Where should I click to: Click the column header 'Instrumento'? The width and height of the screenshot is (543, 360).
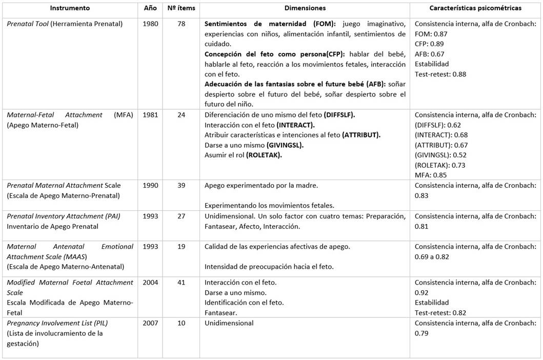[x=70, y=8]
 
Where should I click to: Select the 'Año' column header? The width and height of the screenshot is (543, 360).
[x=150, y=8]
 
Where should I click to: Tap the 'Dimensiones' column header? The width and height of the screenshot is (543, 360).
[x=305, y=8]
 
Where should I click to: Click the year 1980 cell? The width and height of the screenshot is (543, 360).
[x=150, y=24]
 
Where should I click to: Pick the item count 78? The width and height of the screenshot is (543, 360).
[x=181, y=24]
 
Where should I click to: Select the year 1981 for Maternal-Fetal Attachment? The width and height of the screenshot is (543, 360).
[x=150, y=115]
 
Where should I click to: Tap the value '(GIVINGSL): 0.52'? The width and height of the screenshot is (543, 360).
[x=440, y=155]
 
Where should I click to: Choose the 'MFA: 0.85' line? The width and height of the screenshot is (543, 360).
[x=431, y=175]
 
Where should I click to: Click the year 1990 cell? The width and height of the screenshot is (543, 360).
[x=150, y=185]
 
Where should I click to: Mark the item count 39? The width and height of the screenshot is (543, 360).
[x=181, y=185]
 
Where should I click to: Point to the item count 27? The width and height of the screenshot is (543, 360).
[x=181, y=216]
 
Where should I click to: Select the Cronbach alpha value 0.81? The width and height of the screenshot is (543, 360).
[x=421, y=226]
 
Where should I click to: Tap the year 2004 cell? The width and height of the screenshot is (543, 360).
[x=150, y=282]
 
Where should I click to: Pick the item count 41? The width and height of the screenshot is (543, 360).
[x=181, y=282]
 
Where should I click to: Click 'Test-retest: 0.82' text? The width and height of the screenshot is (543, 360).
[x=440, y=312]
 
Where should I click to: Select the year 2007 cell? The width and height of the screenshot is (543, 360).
[x=150, y=323]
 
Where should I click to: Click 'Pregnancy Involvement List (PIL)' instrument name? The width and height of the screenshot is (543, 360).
[x=57, y=323]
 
